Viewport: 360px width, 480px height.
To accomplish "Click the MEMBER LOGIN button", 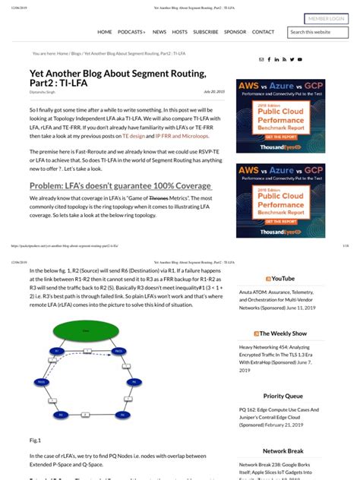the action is (327, 18).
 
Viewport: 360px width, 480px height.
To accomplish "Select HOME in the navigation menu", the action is (104, 32).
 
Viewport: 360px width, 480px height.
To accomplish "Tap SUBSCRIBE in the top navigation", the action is (205, 32).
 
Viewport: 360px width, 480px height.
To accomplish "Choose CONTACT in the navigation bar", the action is (263, 32).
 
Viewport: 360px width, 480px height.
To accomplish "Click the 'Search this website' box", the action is (317, 32).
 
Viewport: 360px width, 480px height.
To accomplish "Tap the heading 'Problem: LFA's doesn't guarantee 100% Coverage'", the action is (120, 186).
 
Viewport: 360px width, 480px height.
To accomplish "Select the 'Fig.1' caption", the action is (35, 440).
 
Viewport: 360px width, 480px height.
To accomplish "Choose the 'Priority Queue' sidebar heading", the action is (283, 396).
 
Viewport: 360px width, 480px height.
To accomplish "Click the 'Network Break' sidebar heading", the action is (283, 450).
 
